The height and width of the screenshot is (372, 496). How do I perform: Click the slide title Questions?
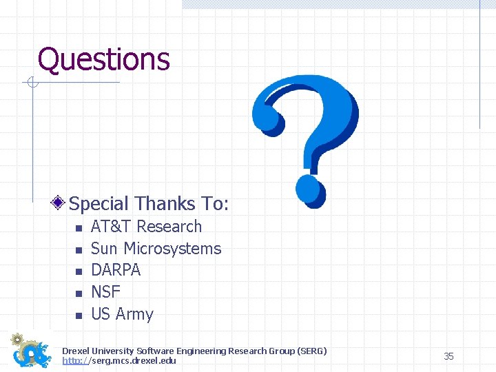click(103, 59)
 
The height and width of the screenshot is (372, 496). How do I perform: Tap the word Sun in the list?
click(104, 249)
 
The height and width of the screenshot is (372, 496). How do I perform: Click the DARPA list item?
click(116, 271)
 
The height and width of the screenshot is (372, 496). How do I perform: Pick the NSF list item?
click(105, 292)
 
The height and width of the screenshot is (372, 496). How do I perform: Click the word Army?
click(134, 314)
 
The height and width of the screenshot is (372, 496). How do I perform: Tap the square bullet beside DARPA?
click(79, 271)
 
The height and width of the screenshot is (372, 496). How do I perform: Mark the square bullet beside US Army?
click(79, 316)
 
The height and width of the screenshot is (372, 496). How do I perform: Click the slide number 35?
click(448, 356)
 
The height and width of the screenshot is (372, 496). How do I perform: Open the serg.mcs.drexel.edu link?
click(119, 361)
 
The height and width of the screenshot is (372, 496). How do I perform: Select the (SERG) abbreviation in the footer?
click(314, 351)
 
